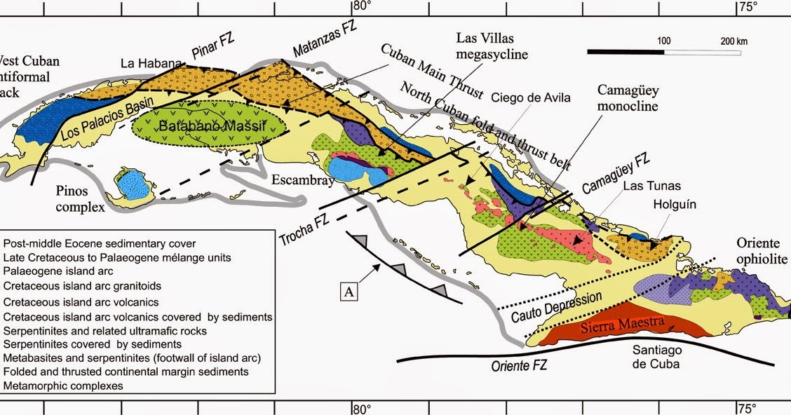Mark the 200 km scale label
pos(733,41)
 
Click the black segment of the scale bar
pos(626,51)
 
